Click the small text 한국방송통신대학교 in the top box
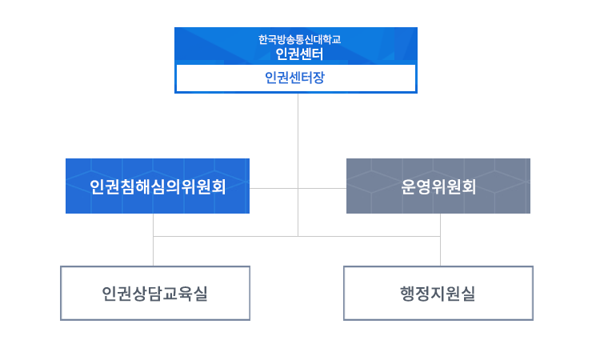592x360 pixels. [295, 38]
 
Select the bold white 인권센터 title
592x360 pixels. [295, 54]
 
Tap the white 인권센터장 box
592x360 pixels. [295, 78]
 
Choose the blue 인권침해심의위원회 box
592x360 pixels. [158, 186]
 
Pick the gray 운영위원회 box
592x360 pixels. [438, 186]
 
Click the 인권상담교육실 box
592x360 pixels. [155, 294]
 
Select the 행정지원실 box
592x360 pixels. [438, 294]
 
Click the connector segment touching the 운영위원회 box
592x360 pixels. [328, 188]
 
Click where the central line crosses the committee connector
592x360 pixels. [298, 188]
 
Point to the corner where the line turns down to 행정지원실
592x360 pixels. [440, 237]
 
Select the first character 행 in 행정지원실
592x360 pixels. [408, 294]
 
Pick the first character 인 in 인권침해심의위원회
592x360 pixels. [98, 187]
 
